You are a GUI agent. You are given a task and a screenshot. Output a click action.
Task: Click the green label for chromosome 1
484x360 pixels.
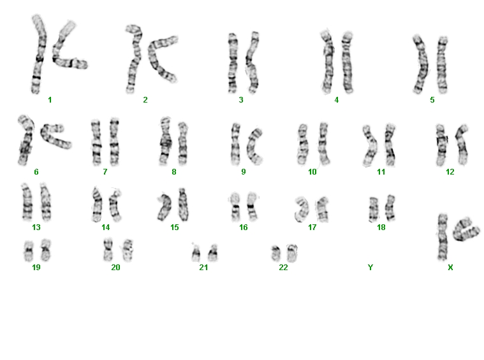pos(50,100)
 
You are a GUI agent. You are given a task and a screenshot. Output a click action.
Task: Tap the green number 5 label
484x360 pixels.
pos(432,100)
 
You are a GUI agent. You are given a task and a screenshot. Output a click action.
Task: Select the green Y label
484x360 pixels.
pos(370,267)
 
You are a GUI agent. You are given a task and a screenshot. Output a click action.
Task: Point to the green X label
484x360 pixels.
pos(450,268)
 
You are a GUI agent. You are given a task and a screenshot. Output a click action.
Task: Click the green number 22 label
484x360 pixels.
pos(283,267)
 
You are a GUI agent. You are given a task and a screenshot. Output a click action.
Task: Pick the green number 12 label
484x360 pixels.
pos(450,172)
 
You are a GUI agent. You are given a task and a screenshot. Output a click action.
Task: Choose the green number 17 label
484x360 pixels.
pos(312,227)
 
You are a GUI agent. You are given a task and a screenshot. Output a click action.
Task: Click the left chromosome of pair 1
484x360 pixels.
pos(38,54)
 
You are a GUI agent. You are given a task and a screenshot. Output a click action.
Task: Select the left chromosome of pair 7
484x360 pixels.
pos(96,142)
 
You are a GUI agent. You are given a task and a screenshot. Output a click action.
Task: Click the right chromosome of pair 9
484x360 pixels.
pos(254,146)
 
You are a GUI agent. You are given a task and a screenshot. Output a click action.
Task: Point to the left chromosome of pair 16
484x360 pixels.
pos(235,207)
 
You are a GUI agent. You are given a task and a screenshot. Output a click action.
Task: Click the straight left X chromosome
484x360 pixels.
pos(443,237)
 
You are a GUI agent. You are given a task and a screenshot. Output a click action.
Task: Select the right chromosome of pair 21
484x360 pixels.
pos(213,253)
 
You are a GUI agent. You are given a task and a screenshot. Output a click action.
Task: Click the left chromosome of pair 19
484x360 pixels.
pos(29,251)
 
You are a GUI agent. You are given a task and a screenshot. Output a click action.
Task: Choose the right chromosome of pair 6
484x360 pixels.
pos(55,136)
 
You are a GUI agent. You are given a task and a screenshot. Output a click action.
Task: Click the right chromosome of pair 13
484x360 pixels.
pos(46,202)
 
